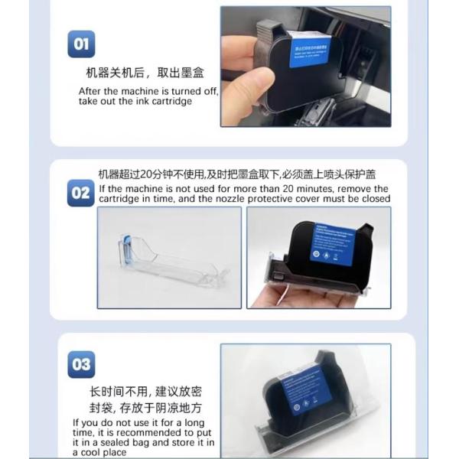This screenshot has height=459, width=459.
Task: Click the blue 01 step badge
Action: pyautogui.click(x=81, y=44)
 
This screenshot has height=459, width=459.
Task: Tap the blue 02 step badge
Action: pyautogui.click(x=81, y=193)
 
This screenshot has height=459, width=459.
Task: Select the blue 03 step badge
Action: pyautogui.click(x=81, y=364)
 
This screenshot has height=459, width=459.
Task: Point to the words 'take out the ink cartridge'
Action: pyautogui.click(x=135, y=102)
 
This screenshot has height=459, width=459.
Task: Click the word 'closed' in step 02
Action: pyautogui.click(x=374, y=199)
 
